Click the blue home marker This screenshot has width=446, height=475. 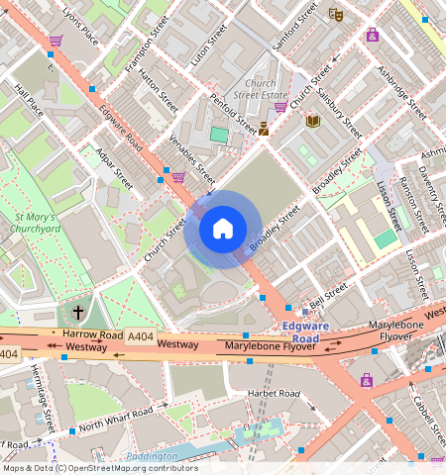click(223, 229)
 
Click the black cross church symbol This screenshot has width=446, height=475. click(78, 313)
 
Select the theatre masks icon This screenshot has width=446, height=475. click(336, 15)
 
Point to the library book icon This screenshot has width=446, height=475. click(313, 121)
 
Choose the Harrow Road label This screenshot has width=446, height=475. click(90, 335)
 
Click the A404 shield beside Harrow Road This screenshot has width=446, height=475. click(139, 336)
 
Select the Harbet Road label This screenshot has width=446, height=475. click(274, 394)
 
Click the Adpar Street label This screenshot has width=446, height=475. click(110, 169)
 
